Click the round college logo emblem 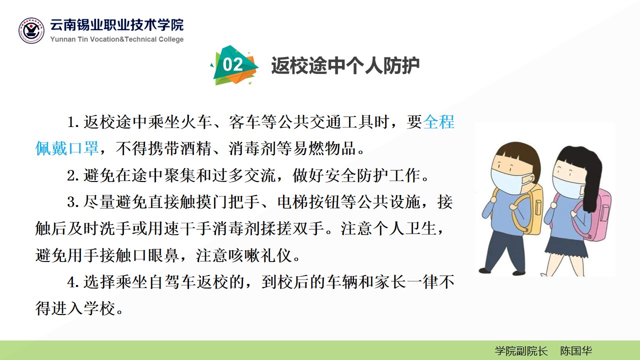pyautogui.click(x=31, y=30)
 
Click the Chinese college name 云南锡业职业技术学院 pyautogui.click(x=117, y=25)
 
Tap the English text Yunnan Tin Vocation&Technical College pyautogui.click(x=117, y=39)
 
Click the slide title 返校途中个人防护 pyautogui.click(x=345, y=65)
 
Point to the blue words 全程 pyautogui.click(x=438, y=122)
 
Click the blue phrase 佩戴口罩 pyautogui.click(x=67, y=148)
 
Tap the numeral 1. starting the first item pyautogui.click(x=73, y=122)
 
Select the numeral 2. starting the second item pyautogui.click(x=73, y=175)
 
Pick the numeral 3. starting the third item pyautogui.click(x=73, y=202)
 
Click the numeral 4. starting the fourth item pyautogui.click(x=73, y=282)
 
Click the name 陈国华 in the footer pyautogui.click(x=575, y=351)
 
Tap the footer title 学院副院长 pyautogui.click(x=521, y=351)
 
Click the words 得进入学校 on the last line pyautogui.click(x=75, y=309)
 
